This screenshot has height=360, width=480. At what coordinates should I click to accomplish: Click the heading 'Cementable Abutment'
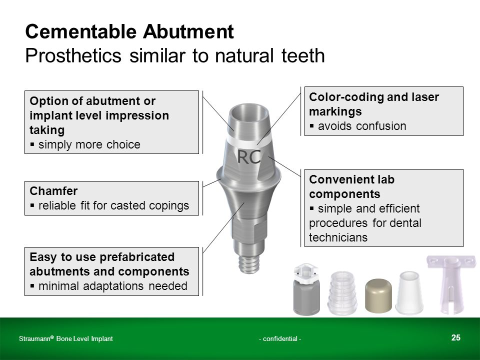[129, 31]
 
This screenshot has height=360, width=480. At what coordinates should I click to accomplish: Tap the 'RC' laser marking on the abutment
[249, 156]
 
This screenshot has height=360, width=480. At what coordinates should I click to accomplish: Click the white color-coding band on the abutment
[248, 141]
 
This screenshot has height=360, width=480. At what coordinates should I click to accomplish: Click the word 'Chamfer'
[53, 191]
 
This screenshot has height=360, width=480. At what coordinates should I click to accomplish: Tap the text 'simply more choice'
[89, 144]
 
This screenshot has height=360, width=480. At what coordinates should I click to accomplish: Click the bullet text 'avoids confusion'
[362, 126]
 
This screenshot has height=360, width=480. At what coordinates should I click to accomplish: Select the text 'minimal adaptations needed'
[112, 286]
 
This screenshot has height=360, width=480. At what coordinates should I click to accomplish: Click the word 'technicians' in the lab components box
[338, 237]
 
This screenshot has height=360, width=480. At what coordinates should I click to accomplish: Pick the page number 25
[455, 337]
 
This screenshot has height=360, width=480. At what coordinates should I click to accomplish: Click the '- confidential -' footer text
[280, 338]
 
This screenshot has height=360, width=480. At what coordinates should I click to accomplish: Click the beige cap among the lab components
[378, 295]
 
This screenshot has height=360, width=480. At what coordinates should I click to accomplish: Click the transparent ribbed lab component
[342, 293]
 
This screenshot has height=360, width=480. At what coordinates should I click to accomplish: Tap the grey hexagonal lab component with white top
[306, 289]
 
